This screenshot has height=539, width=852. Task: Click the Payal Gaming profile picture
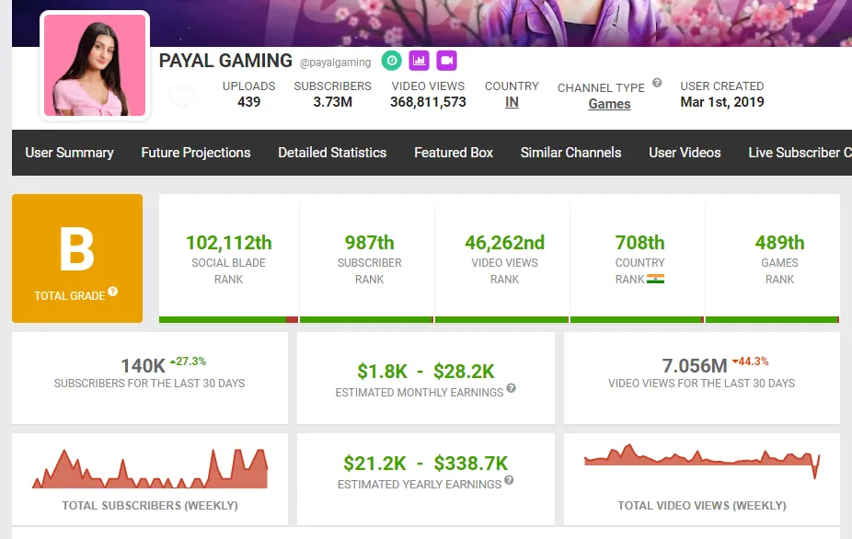coord(96,65)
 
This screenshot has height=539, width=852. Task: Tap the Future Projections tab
coord(196,153)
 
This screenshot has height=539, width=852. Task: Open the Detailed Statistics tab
coord(332,153)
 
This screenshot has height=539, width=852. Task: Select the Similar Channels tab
coord(570,153)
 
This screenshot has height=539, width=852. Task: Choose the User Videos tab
coord(685,153)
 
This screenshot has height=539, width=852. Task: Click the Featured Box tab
coord(454,153)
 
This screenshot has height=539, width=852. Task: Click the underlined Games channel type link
coord(609,104)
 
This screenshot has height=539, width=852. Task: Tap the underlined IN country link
coord(512,102)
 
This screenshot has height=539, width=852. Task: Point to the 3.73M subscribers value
coord(332,102)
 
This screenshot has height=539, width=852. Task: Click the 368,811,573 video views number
coord(428,102)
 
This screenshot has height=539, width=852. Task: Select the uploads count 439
coord(248,102)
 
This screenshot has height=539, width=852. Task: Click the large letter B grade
coord(77,249)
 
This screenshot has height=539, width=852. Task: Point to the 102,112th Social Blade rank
coord(229,243)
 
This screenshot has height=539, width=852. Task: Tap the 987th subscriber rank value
coord(369,243)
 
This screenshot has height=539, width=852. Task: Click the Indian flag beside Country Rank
coord(655,279)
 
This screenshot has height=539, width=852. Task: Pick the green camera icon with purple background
coord(447,61)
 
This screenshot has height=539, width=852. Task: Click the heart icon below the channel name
coord(181,97)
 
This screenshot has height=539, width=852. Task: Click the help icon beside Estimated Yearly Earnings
coord(509,480)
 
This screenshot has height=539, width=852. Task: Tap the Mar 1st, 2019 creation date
coord(722,102)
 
